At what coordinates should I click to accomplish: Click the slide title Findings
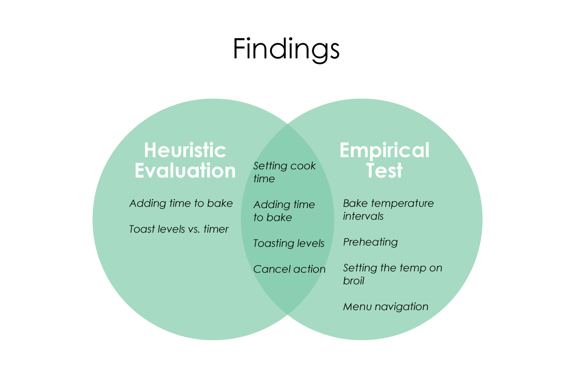pyautogui.click(x=286, y=49)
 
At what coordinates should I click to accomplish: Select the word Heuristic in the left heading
pyautogui.click(x=185, y=151)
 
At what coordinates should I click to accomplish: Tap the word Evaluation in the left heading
pyautogui.click(x=185, y=170)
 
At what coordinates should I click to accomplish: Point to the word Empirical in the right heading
pyautogui.click(x=384, y=151)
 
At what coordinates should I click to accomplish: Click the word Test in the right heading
pyautogui.click(x=384, y=170)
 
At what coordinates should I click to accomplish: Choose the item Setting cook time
pyautogui.click(x=284, y=172)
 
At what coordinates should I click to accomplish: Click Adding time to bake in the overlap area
pyautogui.click(x=284, y=211)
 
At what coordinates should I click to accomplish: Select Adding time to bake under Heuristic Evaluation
pyautogui.click(x=181, y=203)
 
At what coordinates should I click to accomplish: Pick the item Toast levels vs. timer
pyautogui.click(x=179, y=229)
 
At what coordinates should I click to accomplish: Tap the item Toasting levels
pyautogui.click(x=288, y=243)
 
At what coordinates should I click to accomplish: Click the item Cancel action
pyautogui.click(x=289, y=269)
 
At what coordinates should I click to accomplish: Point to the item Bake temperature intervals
pyautogui.click(x=388, y=209)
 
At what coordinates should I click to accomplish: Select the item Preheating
pyautogui.click(x=370, y=242)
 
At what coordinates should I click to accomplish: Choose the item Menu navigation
pyautogui.click(x=385, y=307)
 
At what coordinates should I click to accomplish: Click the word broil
pyautogui.click(x=354, y=281)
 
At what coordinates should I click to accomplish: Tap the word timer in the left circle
pyautogui.click(x=216, y=229)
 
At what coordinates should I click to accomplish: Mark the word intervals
pyautogui.click(x=363, y=216)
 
